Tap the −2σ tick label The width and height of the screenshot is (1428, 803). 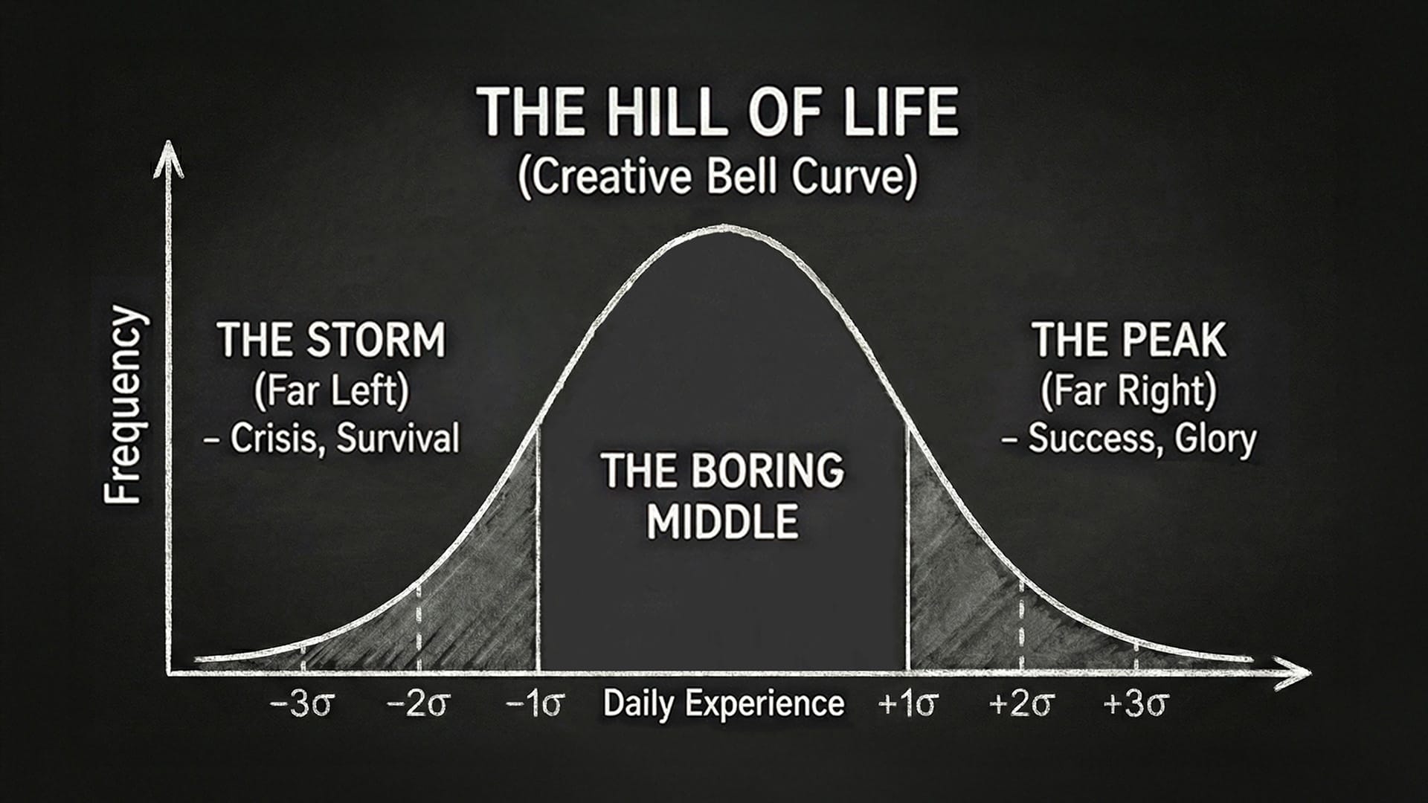click(x=417, y=703)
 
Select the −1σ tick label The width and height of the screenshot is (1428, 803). click(x=535, y=703)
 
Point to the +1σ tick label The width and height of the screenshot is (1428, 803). click(x=908, y=703)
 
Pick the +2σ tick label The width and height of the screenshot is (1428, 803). click(x=1022, y=703)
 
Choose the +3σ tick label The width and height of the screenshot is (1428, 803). click(x=1136, y=703)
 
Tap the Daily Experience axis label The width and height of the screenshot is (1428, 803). click(x=723, y=703)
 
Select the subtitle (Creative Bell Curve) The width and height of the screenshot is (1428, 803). click(x=717, y=178)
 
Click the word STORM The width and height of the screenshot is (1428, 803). click(x=377, y=341)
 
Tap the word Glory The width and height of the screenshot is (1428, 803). click(x=1215, y=439)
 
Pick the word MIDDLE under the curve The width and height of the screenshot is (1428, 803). click(x=722, y=521)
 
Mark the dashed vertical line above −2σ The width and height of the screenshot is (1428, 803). click(x=418, y=628)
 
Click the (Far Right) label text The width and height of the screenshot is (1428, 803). click(x=1128, y=391)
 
